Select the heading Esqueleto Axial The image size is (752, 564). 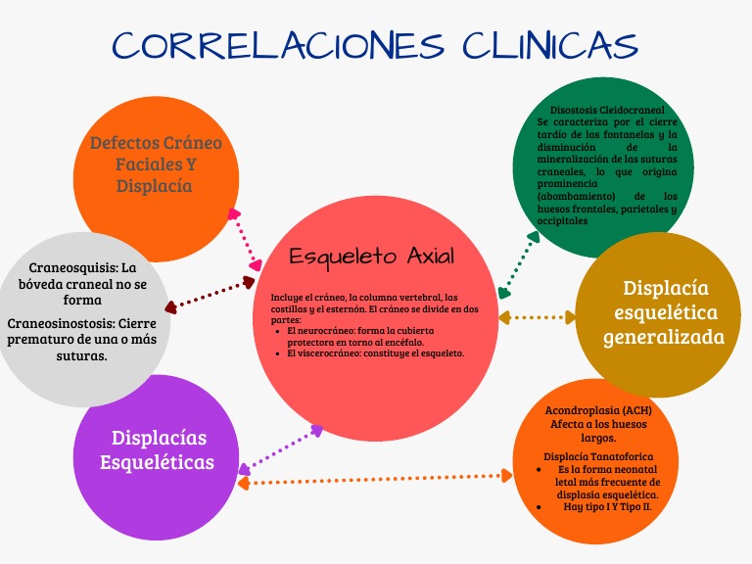click(372, 257)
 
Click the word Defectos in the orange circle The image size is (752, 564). click(124, 143)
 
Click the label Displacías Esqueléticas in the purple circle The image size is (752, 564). click(158, 449)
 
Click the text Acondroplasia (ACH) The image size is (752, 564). click(597, 410)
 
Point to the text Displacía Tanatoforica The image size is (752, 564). click(597, 457)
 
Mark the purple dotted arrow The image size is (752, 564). click(282, 447)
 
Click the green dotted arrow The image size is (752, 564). click(519, 262)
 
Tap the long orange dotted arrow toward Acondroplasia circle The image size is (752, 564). click(377, 479)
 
